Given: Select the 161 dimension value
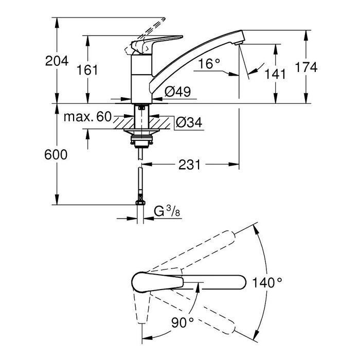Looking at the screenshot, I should [x=88, y=70].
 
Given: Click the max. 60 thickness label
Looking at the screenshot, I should [x=87, y=117].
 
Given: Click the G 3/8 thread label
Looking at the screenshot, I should [x=167, y=212].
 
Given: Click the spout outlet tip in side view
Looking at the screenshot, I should [x=237, y=41].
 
